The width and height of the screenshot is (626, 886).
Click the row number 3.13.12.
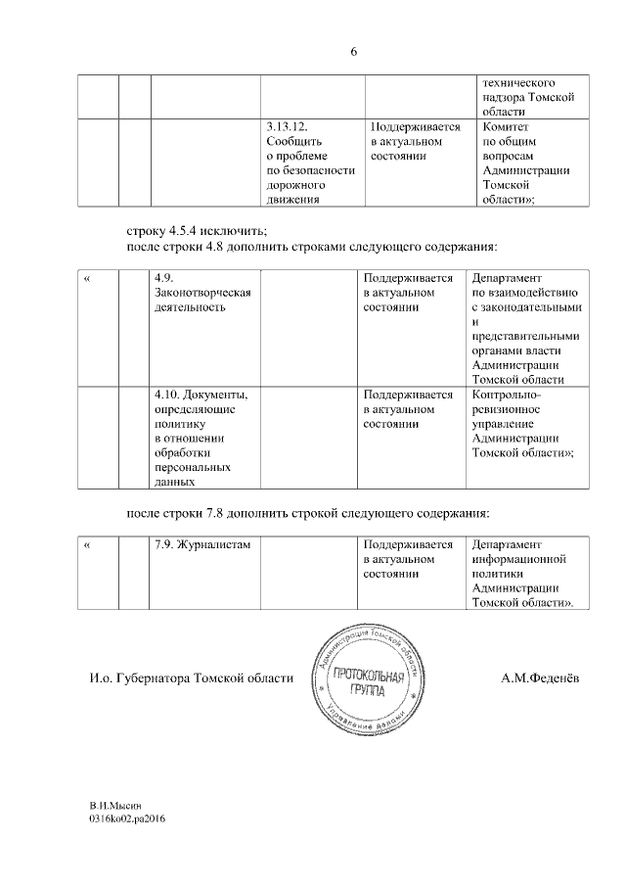(x=287, y=127)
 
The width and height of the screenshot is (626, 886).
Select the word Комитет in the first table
(x=505, y=127)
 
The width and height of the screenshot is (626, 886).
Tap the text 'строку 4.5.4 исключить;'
(x=197, y=231)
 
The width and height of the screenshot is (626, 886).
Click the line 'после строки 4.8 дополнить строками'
(x=313, y=246)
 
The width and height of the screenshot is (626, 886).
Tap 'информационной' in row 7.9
(x=520, y=560)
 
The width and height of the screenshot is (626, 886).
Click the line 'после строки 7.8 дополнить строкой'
(x=308, y=513)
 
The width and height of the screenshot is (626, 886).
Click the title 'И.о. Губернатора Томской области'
(x=186, y=678)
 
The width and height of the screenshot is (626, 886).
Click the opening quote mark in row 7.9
(x=87, y=545)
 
